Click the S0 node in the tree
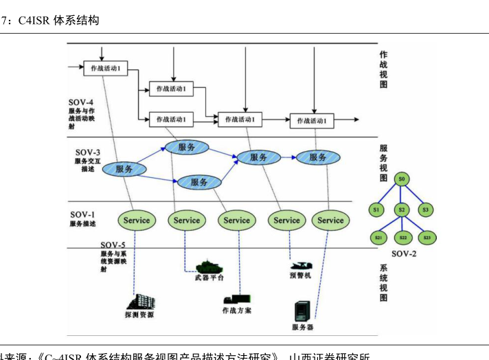402,179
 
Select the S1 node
376,209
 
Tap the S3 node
426,209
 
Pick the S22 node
402,238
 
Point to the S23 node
427,238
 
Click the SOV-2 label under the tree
403,254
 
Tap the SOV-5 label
113,245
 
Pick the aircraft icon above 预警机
301,265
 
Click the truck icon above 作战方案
236,299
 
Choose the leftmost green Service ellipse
136,221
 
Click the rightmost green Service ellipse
330,221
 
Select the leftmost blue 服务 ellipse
124,168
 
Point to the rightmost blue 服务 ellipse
317,157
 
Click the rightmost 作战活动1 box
315,120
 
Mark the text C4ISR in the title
34,21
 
